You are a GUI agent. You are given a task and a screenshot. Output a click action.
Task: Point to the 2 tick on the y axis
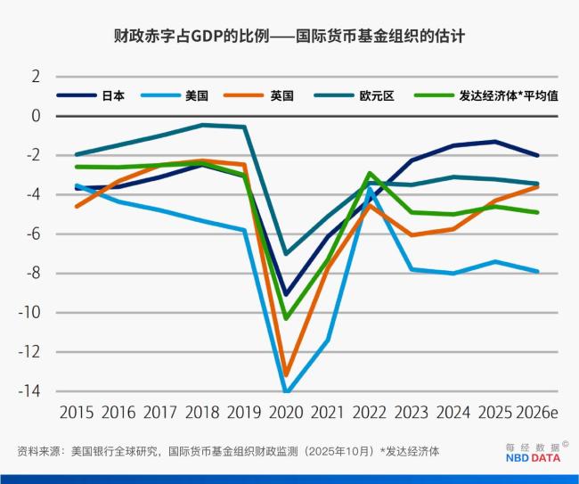tap(36, 77)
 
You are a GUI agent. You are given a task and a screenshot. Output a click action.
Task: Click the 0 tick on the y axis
tap(36, 116)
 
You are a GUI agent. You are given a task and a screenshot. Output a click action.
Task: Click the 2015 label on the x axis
tap(77, 413)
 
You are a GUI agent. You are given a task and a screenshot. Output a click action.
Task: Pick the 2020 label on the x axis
tap(286, 413)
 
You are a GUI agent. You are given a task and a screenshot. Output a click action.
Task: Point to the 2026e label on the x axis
tap(537, 413)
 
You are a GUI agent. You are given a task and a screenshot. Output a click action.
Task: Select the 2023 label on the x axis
tap(412, 413)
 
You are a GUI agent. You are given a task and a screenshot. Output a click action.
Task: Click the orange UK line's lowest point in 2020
tap(286, 375)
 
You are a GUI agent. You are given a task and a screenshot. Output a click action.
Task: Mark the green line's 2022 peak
tap(370, 173)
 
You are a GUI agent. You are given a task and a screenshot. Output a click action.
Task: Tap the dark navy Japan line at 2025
tap(495, 142)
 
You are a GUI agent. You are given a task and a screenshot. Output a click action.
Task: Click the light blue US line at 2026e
tap(537, 271)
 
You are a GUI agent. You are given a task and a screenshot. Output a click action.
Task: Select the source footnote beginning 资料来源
tap(227, 451)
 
